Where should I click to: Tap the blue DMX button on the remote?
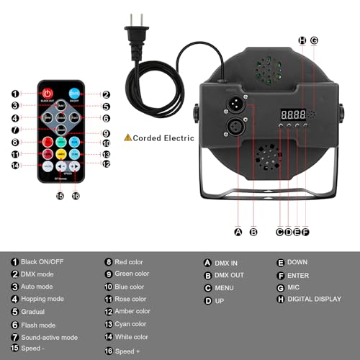point(74,93)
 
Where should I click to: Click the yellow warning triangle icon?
point(128,136)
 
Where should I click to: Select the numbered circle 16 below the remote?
point(75,195)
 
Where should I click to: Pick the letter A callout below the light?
point(238,232)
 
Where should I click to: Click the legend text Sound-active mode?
point(50,337)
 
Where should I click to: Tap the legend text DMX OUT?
point(230,275)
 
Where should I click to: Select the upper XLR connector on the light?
point(237,104)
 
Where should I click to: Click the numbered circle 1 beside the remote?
point(15,94)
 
